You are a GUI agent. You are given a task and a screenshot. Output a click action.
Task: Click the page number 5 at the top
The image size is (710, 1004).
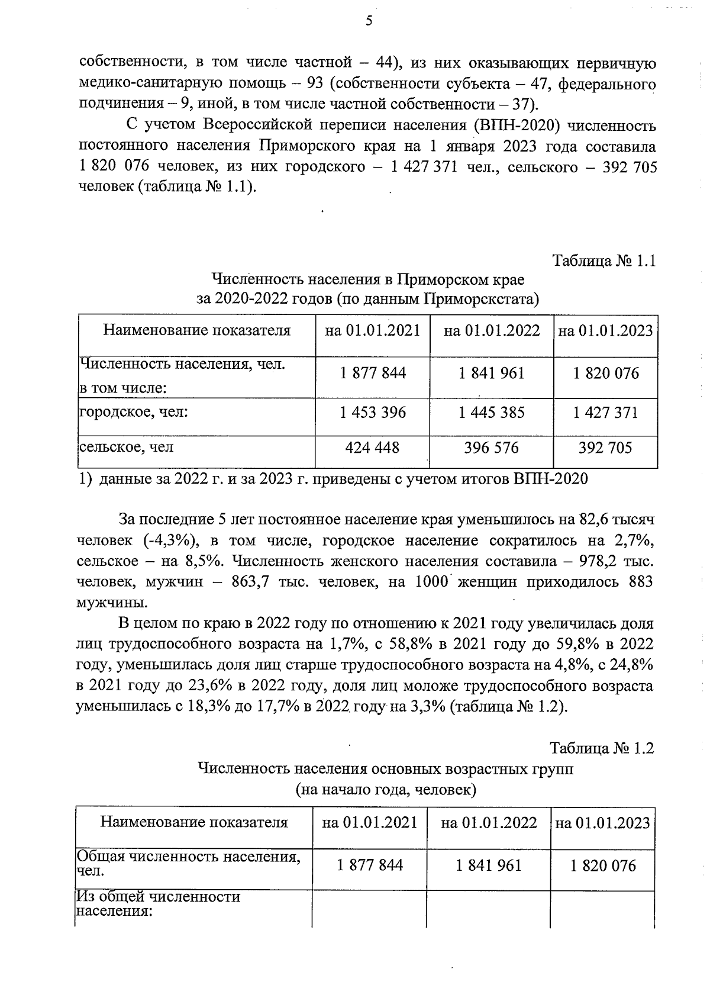pyautogui.click(x=369, y=21)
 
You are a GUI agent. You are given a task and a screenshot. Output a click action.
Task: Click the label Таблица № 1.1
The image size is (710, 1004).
pyautogui.click(x=603, y=260)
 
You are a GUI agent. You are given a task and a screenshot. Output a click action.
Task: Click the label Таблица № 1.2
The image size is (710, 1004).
pyautogui.click(x=602, y=748)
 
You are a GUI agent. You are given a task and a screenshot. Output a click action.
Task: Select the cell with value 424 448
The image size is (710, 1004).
pyautogui.click(x=372, y=448)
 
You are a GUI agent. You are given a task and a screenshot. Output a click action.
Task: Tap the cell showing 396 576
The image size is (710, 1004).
pyautogui.click(x=491, y=448)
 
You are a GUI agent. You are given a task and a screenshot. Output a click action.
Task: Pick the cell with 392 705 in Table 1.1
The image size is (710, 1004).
pyautogui.click(x=605, y=448)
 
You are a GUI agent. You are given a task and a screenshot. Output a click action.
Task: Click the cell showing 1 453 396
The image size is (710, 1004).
pyautogui.click(x=373, y=412)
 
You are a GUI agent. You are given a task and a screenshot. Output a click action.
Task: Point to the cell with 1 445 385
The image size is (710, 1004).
pyautogui.click(x=491, y=412)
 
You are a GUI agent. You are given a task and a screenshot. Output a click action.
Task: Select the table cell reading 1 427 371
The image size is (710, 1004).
pyautogui.click(x=605, y=412)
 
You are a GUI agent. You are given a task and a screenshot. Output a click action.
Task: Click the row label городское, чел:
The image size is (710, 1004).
pyautogui.click(x=134, y=411)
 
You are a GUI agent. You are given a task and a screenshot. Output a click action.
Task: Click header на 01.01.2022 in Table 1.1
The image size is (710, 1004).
pyautogui.click(x=492, y=330)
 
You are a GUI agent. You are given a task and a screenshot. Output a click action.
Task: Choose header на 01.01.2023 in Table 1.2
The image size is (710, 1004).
pyautogui.click(x=602, y=823)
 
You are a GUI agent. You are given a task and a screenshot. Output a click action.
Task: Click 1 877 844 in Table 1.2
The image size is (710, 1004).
pyautogui.click(x=370, y=865)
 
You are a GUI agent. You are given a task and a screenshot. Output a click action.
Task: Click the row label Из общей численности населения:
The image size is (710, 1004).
pyautogui.click(x=159, y=904)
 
